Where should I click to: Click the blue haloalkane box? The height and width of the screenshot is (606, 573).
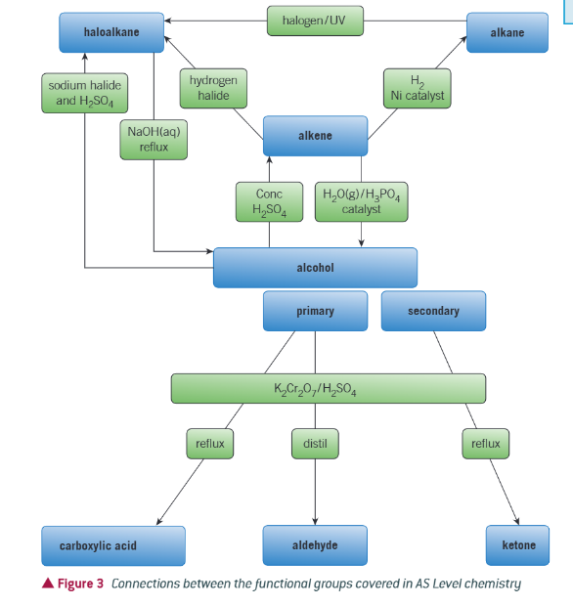[110, 33]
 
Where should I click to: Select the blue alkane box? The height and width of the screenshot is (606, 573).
[507, 33]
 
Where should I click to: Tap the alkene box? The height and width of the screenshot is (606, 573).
[315, 136]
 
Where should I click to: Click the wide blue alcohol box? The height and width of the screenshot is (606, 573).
[315, 267]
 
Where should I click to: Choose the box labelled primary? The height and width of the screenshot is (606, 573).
[315, 311]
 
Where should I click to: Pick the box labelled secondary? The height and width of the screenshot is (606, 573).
[433, 311]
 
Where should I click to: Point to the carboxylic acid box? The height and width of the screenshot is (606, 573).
[112, 544]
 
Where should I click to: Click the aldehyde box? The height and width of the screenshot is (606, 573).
[315, 544]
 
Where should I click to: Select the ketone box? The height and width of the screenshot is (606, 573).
[518, 544]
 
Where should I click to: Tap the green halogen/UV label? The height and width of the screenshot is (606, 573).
[314, 20]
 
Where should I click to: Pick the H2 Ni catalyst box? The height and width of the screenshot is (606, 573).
[417, 88]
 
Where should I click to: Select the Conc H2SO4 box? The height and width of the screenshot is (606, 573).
[262, 201]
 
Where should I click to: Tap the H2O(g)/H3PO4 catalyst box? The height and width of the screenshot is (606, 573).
[362, 201]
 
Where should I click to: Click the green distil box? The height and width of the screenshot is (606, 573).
[315, 444]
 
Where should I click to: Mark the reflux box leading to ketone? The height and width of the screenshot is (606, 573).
[485, 444]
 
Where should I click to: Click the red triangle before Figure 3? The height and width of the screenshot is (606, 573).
[48, 584]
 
